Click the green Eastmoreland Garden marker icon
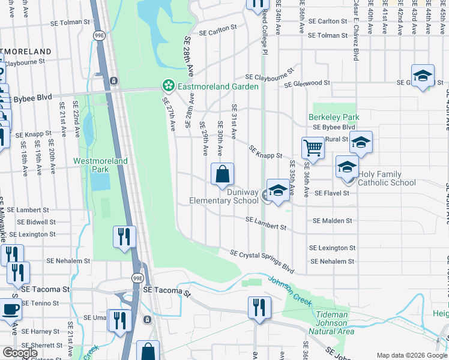point(169,86)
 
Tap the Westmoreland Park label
point(100,165)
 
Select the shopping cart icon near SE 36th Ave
point(313,146)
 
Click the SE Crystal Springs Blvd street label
point(262,260)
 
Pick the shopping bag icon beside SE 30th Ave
point(222,174)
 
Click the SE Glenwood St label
point(307,83)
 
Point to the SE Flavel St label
point(329,193)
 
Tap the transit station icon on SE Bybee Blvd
point(113,81)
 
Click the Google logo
point(20,353)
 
